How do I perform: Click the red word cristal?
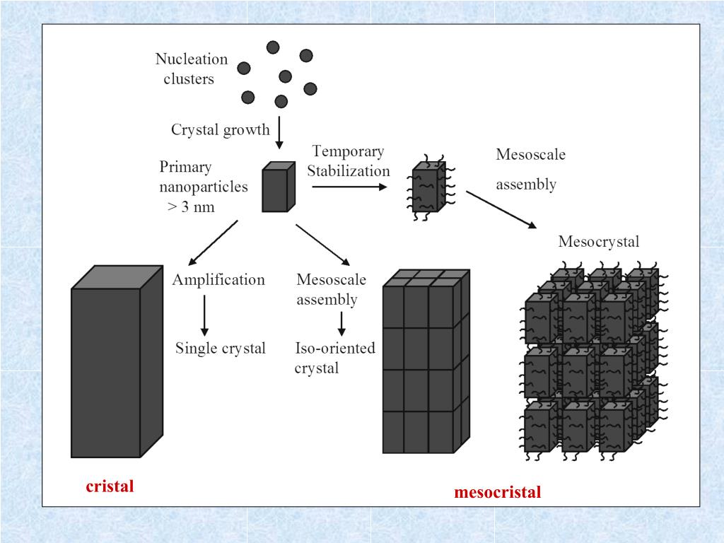click(x=110, y=486)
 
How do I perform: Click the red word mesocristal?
click(x=497, y=492)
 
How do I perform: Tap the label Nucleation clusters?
click(x=191, y=69)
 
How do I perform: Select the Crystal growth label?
click(x=220, y=130)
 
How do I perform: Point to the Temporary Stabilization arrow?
click(x=349, y=187)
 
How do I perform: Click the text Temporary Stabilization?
click(x=348, y=161)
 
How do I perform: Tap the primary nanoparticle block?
click(x=278, y=187)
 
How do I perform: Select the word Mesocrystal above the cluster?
click(x=598, y=242)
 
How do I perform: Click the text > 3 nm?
click(x=190, y=207)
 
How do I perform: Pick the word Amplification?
click(x=218, y=280)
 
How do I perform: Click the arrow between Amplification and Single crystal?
click(x=204, y=315)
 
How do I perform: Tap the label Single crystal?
click(x=221, y=349)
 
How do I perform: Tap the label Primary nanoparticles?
click(x=203, y=177)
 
